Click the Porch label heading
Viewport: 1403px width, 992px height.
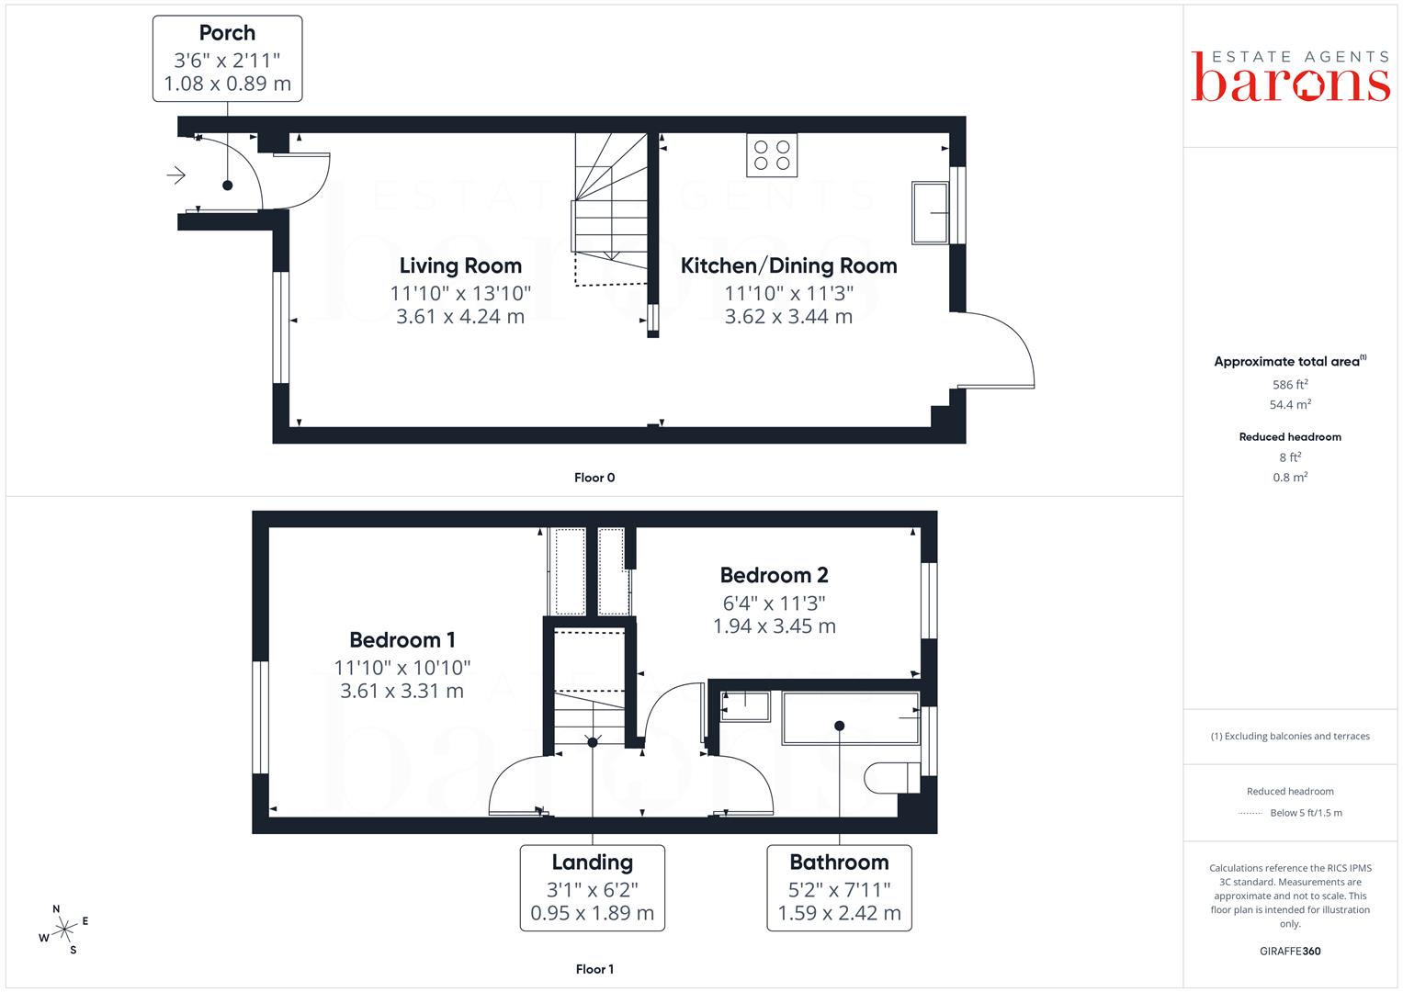227,32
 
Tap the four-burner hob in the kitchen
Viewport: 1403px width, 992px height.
772,155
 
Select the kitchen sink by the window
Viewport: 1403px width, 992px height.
930,213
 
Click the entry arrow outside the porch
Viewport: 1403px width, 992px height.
176,175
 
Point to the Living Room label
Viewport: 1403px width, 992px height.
460,265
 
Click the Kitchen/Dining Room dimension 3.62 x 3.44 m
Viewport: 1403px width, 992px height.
788,316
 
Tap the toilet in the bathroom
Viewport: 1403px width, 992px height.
892,778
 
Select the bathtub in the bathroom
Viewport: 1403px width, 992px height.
851,717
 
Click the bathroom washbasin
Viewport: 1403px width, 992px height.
745,706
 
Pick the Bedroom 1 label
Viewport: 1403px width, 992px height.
402,640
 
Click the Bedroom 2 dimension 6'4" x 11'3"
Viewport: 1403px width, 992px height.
775,603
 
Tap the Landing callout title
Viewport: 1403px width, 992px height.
593,862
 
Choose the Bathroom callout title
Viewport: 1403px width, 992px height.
839,862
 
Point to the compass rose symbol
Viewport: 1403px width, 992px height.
64,930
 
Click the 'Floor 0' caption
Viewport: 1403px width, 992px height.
594,478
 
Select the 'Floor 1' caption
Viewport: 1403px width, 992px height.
594,969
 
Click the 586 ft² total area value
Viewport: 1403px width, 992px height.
1290,385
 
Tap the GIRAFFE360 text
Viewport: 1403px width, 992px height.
1290,952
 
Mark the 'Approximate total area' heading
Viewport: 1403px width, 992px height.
1290,361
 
